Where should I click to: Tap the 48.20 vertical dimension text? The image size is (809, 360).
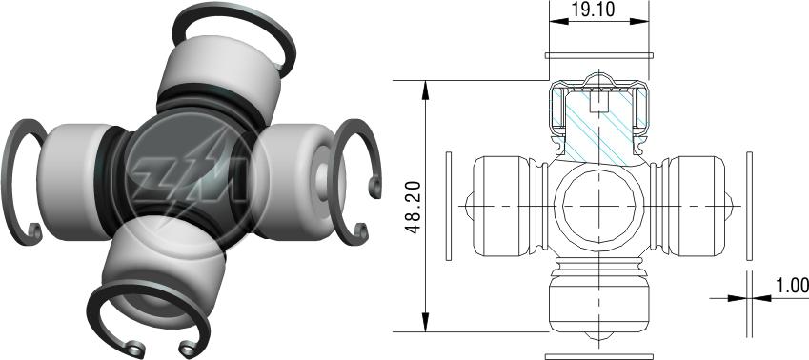tap(415, 207)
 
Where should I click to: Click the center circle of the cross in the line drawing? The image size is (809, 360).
tap(598, 207)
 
